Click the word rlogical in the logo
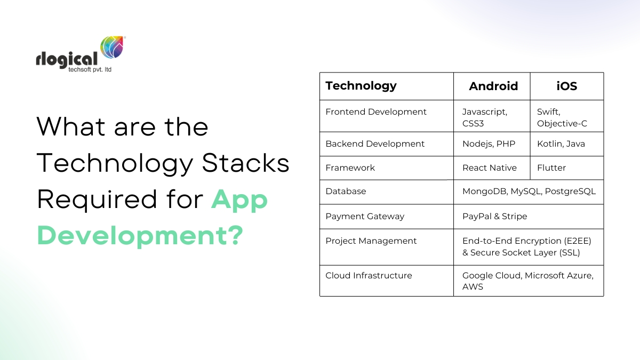pos(67,58)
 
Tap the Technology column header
pos(361,86)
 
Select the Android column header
pos(493,86)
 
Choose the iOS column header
pos(566,86)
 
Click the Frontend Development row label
pos(376,112)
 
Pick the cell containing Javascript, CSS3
pos(485,117)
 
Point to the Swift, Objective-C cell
pos(562,117)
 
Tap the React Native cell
pos(489,168)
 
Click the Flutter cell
pos(551,168)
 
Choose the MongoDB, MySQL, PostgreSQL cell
pos(529,191)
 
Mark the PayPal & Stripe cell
pos(494,217)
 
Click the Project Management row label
pos(371,241)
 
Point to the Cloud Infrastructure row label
pos(369,276)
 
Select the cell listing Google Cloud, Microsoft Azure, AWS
pos(527,281)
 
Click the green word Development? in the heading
pos(140,235)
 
